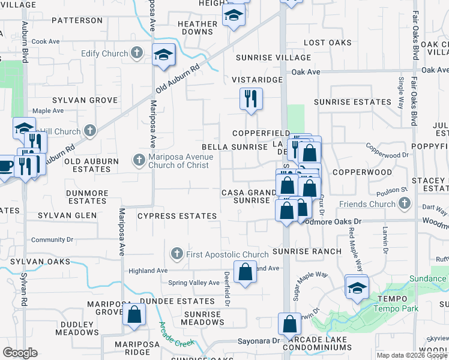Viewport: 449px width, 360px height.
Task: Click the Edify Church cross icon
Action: pyautogui.click(x=137, y=53)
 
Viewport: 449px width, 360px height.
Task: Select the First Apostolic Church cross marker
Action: pyautogui.click(x=177, y=254)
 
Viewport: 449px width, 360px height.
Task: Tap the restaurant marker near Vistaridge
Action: pyautogui.click(x=251, y=99)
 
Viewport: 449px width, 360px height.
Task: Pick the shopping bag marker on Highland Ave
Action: pyautogui.click(x=245, y=273)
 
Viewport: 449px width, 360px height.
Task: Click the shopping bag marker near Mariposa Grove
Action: pyautogui.click(x=134, y=314)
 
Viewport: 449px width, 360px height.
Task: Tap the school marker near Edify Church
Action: pyautogui.click(x=164, y=55)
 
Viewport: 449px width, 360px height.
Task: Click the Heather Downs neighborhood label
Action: pyautogui.click(x=197, y=28)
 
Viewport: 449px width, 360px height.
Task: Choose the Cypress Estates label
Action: pyautogui.click(x=176, y=216)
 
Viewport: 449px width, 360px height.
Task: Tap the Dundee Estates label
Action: pyautogui.click(x=169, y=301)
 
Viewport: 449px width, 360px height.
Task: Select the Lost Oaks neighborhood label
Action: pyautogui.click(x=327, y=43)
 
